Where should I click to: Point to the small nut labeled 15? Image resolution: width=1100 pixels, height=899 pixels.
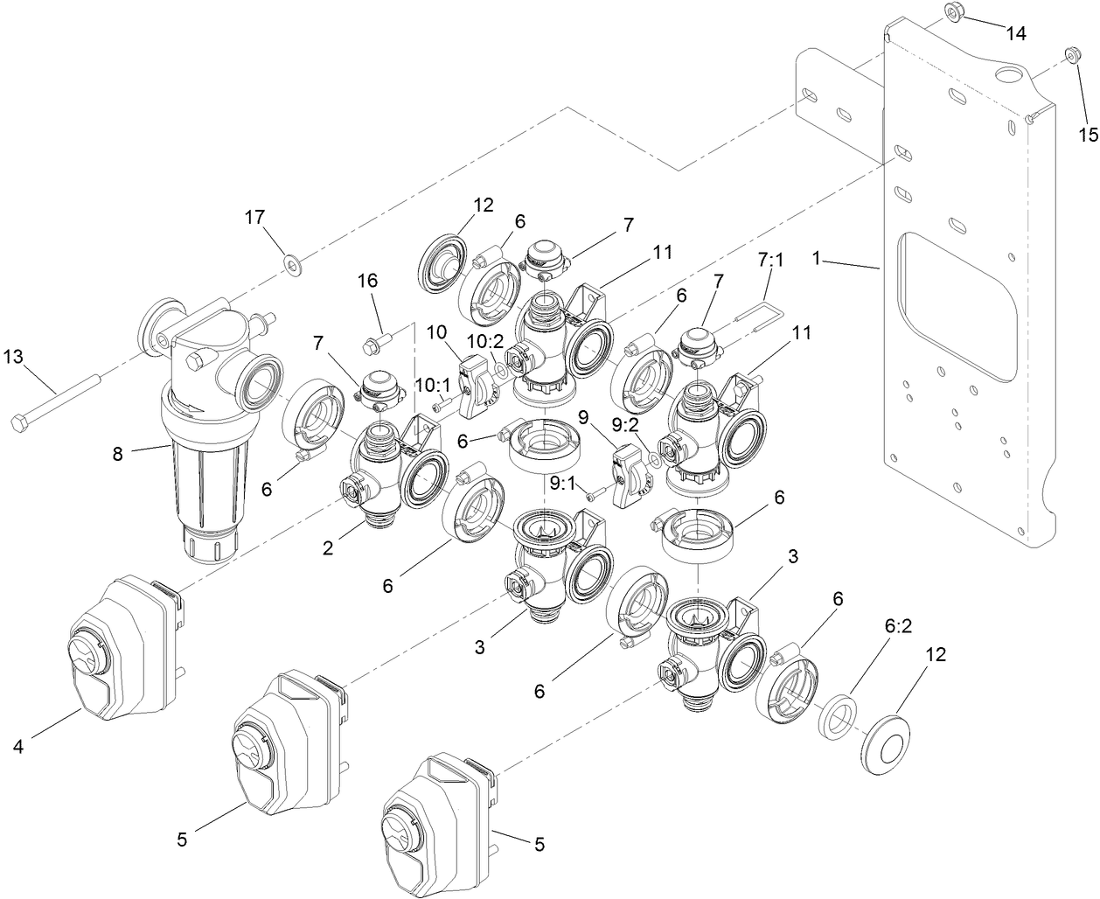point(1069,57)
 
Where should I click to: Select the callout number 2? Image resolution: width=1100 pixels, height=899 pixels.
point(327,549)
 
